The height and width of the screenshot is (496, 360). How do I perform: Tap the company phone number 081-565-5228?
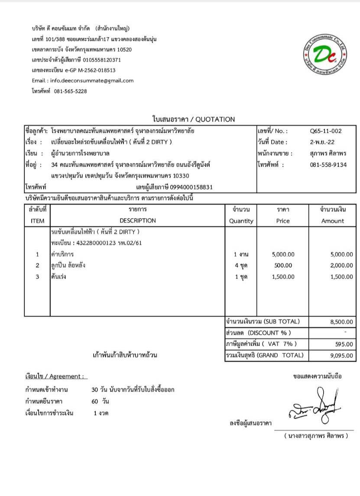tap(70, 91)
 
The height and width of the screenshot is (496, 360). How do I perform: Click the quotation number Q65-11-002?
tap(326, 131)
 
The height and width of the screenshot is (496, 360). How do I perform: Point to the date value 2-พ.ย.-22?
tap(322, 142)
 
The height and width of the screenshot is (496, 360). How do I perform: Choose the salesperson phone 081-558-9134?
tap(328, 165)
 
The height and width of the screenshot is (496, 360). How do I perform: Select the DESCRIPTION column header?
tap(137, 221)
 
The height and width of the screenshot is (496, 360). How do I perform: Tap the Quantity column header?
tap(241, 221)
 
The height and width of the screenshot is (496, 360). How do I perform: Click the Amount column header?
tap(332, 221)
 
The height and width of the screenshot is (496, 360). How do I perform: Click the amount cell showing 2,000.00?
tap(341, 265)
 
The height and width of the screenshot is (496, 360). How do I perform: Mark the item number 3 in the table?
tap(38, 277)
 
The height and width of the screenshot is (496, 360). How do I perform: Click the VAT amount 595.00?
tap(344, 345)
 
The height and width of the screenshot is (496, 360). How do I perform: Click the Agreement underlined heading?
tap(54, 376)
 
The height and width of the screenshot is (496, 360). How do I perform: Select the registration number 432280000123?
tap(90, 243)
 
